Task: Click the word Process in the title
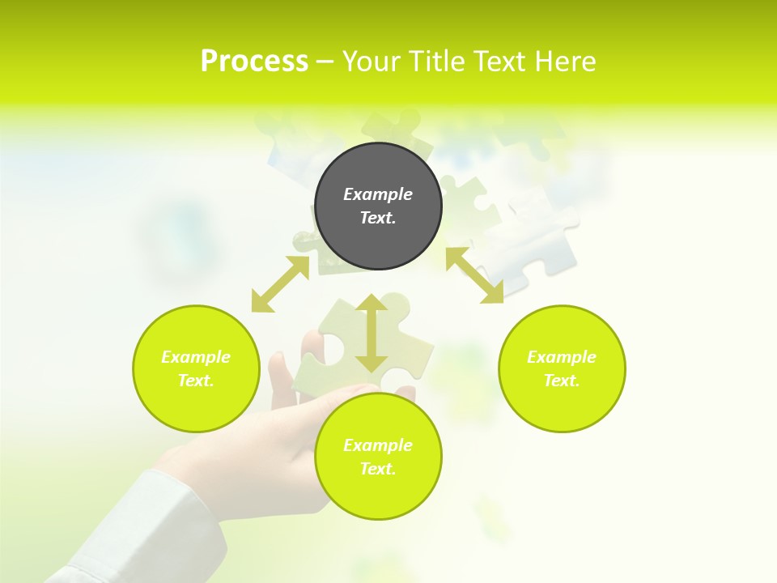coord(254,62)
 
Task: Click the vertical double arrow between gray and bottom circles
coord(372,334)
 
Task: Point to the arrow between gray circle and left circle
coord(280,284)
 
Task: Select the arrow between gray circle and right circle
coord(474,275)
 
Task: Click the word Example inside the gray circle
coord(378,194)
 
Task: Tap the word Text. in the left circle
coord(196,381)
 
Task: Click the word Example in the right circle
coord(562,357)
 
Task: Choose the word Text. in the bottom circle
coord(378,469)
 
